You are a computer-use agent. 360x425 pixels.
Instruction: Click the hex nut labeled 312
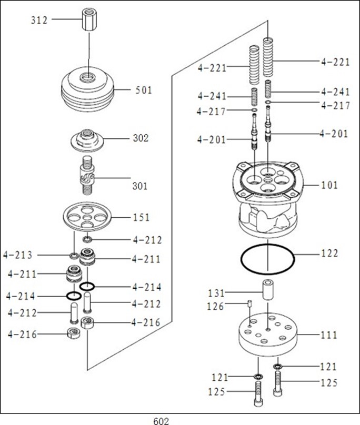[88, 21]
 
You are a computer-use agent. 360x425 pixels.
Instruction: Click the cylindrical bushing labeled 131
[268, 290]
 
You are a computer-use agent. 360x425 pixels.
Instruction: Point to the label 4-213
[18, 256]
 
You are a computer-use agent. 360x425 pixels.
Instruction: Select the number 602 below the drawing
[161, 421]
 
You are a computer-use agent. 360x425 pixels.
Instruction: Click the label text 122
[329, 254]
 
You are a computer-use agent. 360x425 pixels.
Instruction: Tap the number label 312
[38, 21]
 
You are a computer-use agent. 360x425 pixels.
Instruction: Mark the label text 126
[215, 306]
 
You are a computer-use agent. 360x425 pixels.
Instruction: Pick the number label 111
[329, 335]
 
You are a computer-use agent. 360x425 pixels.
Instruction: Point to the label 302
[141, 138]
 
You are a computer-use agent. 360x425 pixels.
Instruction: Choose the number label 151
[141, 217]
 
